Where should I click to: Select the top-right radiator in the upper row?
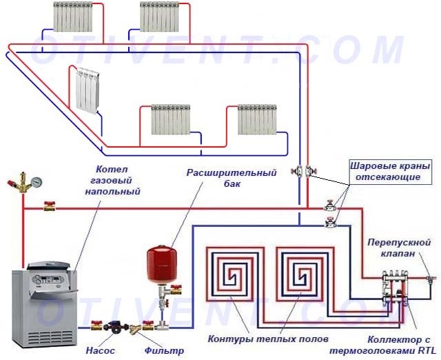[x=161, y=16]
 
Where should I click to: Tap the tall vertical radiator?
[x=86, y=90]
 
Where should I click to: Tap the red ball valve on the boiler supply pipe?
[x=50, y=206]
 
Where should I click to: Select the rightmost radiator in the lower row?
[x=258, y=119]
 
